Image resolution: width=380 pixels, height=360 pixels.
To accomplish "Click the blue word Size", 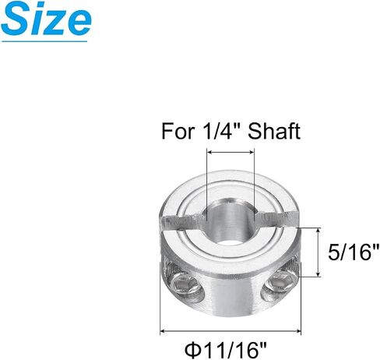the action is pos(46,19).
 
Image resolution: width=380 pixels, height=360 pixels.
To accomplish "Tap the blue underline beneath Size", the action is pos(44,41).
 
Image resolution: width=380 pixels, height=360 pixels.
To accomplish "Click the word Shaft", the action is pos(274,131).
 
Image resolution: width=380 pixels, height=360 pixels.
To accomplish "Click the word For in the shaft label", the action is pos(178,132).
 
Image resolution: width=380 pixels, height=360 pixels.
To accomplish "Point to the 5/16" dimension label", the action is pos(354,252).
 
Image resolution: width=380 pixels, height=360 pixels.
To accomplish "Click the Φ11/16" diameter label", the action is pos(226,350).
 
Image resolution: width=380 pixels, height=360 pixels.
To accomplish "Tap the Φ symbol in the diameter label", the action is pos(192,350).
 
